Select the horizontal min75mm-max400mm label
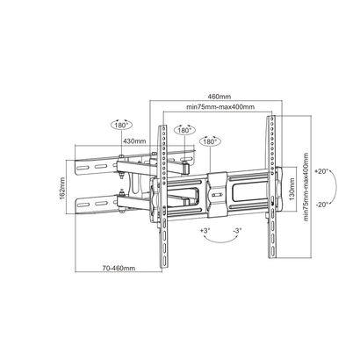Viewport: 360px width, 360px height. point(220,107)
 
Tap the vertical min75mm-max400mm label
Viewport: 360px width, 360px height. point(306,187)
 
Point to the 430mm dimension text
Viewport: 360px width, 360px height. point(134,140)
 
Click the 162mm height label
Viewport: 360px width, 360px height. point(62,188)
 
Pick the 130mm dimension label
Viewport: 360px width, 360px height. point(292,189)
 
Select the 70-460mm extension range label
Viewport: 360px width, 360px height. point(119,268)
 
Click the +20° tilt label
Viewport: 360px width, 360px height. point(321,171)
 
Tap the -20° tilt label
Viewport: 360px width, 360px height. point(322,205)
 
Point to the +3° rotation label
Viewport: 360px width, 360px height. point(205,230)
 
